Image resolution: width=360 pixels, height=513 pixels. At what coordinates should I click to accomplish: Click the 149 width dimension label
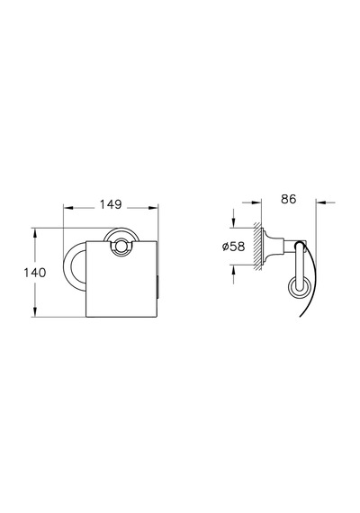(x=111, y=204)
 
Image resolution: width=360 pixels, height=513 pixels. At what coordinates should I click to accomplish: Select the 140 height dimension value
(x=35, y=273)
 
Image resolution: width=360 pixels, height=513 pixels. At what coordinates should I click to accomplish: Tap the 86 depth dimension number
(x=288, y=199)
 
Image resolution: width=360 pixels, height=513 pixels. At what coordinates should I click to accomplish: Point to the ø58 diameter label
(x=233, y=247)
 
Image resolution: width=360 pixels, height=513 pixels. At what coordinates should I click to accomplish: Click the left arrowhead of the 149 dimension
(x=67, y=207)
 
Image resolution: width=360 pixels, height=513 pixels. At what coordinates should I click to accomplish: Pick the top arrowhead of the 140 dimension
(x=34, y=232)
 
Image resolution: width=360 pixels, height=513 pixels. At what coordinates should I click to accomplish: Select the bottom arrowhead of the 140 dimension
(x=34, y=311)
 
